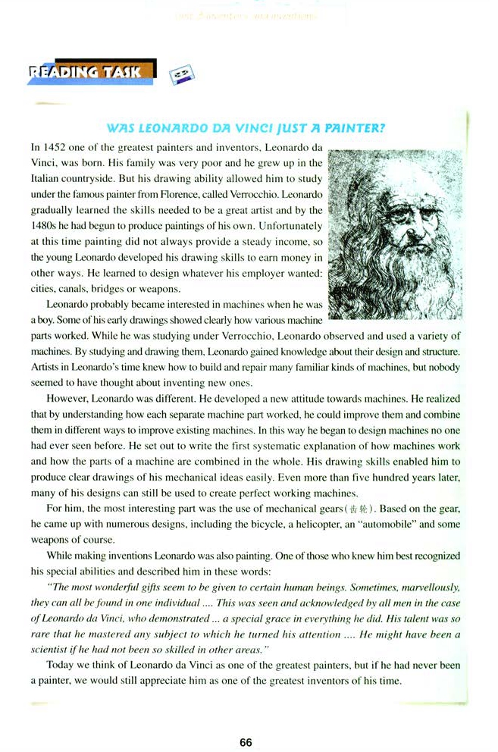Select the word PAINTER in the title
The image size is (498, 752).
coord(358,128)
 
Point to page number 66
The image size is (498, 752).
coord(246,742)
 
